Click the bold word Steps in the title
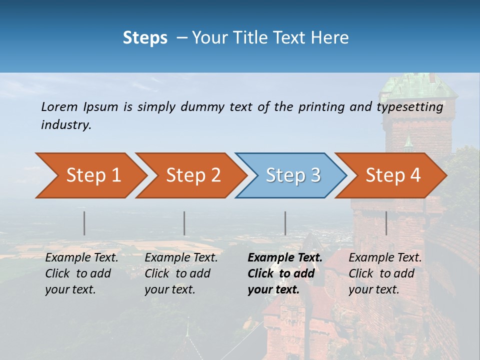[145, 38]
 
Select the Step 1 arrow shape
[93, 175]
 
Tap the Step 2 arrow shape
[193, 175]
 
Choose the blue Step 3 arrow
[293, 175]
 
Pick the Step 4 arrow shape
[393, 175]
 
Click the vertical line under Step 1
[84, 223]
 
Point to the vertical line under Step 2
[184, 223]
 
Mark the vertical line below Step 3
[285, 223]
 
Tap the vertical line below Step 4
[386, 223]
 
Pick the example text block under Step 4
[385, 273]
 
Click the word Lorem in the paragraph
[59, 106]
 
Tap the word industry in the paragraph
[66, 125]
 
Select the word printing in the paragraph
[319, 107]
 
